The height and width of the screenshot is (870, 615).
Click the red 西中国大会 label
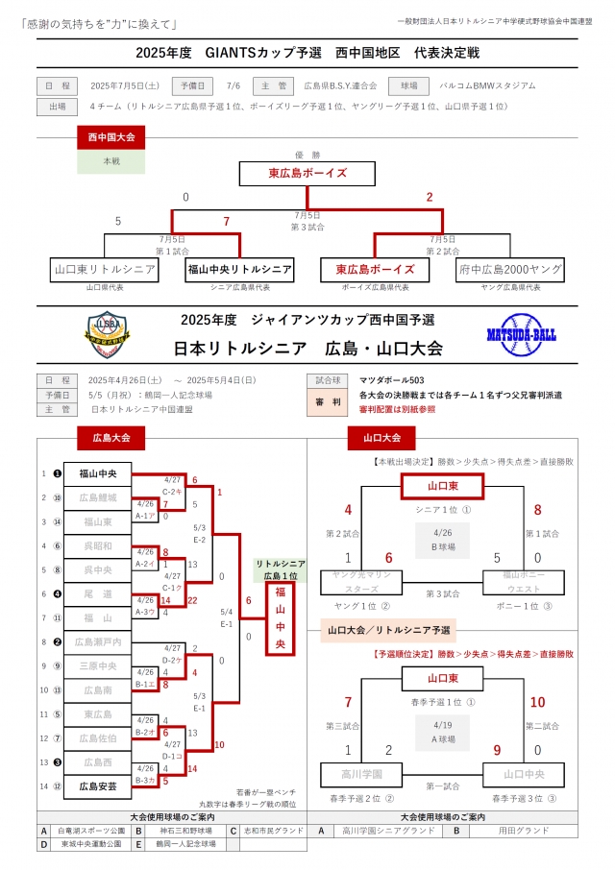[x=111, y=138]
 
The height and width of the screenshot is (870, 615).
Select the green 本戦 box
[x=111, y=161]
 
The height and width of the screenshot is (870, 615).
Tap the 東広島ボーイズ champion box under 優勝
[x=307, y=174]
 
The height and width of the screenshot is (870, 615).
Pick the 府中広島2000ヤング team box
[x=509, y=270]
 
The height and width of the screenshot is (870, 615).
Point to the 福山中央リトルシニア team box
[x=239, y=270]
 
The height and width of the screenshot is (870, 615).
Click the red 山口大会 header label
[x=381, y=438]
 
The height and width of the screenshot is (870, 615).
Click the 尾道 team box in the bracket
[x=98, y=593]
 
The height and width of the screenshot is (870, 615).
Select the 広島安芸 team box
[x=98, y=785]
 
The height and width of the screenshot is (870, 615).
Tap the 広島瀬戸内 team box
[x=98, y=641]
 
